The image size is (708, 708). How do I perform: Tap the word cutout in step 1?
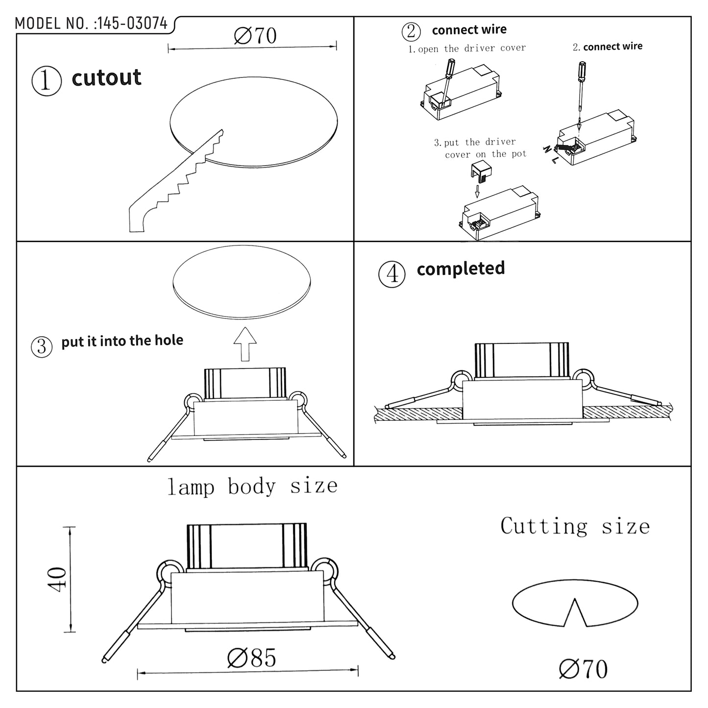pos(106,78)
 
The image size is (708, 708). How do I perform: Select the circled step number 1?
pos(47,81)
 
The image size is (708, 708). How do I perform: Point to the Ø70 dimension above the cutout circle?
pos(255,36)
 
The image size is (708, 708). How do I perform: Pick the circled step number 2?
pos(411,31)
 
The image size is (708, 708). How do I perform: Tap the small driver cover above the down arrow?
pos(481,171)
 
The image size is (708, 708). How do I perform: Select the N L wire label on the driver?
pos(550,154)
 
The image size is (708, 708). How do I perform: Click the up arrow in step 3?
pos(245,344)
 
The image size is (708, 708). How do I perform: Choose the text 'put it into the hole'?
pos(122,341)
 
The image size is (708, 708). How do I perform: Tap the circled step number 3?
pos(42,346)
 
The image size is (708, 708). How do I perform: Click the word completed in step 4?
pos(461,269)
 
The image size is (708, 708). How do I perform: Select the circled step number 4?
pos(392,274)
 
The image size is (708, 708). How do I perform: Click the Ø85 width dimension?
pos(252,658)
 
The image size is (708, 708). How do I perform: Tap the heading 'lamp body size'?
pos(252,487)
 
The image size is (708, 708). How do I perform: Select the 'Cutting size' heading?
pos(575,526)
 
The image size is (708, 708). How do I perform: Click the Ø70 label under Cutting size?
pos(583,669)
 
